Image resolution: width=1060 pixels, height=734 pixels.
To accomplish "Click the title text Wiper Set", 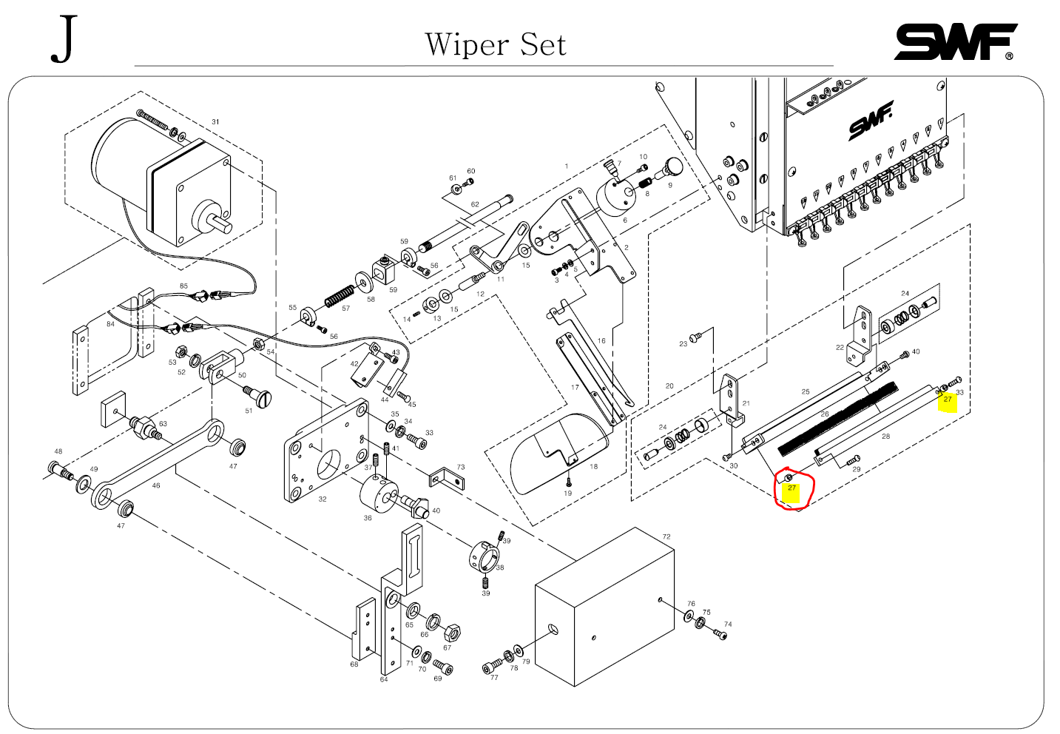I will [x=495, y=44].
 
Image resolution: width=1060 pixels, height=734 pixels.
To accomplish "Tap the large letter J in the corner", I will [x=64, y=40].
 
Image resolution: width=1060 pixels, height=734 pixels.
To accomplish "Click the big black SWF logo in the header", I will [x=954, y=42].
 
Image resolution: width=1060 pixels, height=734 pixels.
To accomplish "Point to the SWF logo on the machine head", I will [x=871, y=121].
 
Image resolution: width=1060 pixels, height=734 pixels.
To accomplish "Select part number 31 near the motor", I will [x=215, y=122].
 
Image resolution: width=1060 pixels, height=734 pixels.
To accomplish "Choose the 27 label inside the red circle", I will [x=791, y=488].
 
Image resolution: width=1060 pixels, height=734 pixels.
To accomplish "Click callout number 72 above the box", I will [x=666, y=537].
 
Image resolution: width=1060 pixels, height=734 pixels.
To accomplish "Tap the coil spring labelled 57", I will [x=340, y=296].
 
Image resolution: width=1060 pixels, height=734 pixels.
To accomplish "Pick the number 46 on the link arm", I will [x=155, y=486].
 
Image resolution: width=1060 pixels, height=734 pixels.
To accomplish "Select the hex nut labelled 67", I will [x=450, y=633].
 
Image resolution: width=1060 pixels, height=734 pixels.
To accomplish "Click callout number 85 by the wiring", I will [x=183, y=286].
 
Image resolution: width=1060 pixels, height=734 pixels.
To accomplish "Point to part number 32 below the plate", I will [x=323, y=499].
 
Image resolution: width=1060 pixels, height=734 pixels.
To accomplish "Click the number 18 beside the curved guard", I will [x=593, y=467].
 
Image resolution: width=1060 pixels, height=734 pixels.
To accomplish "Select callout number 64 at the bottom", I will [x=383, y=679].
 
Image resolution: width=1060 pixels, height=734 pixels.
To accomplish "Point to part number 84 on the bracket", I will [x=110, y=324].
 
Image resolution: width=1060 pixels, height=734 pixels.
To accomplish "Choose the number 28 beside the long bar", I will [x=885, y=437].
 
